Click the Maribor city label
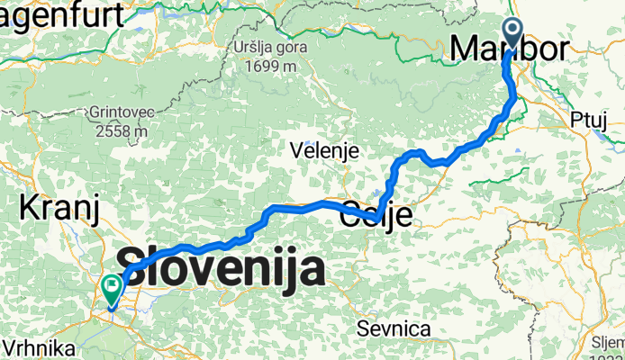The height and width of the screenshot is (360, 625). [x=510, y=49]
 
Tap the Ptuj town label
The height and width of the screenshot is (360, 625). [x=591, y=119]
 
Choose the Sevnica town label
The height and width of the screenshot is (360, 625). [x=393, y=328]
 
